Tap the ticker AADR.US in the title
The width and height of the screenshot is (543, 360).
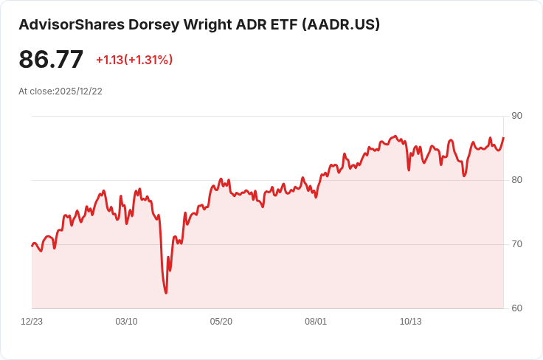(342, 24)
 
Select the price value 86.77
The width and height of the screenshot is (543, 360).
(51, 60)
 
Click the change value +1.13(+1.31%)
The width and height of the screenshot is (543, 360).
(134, 60)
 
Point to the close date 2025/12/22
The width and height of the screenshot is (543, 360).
(78, 91)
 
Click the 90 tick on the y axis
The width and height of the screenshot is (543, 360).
(516, 116)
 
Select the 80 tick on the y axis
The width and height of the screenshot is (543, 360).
(516, 180)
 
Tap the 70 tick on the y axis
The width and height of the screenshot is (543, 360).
(516, 244)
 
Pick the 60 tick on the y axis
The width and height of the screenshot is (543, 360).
(516, 308)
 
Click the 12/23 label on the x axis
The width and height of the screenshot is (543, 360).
(32, 322)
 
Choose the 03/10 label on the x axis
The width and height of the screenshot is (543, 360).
(126, 322)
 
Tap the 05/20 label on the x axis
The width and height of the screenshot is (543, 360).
(221, 322)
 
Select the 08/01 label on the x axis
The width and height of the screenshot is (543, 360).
(316, 322)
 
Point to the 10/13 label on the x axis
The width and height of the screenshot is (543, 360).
(410, 322)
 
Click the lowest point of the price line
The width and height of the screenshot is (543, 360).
(166, 293)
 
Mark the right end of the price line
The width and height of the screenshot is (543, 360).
(503, 138)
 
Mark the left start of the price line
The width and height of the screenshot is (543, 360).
(32, 246)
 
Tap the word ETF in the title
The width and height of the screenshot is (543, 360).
(280, 24)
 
